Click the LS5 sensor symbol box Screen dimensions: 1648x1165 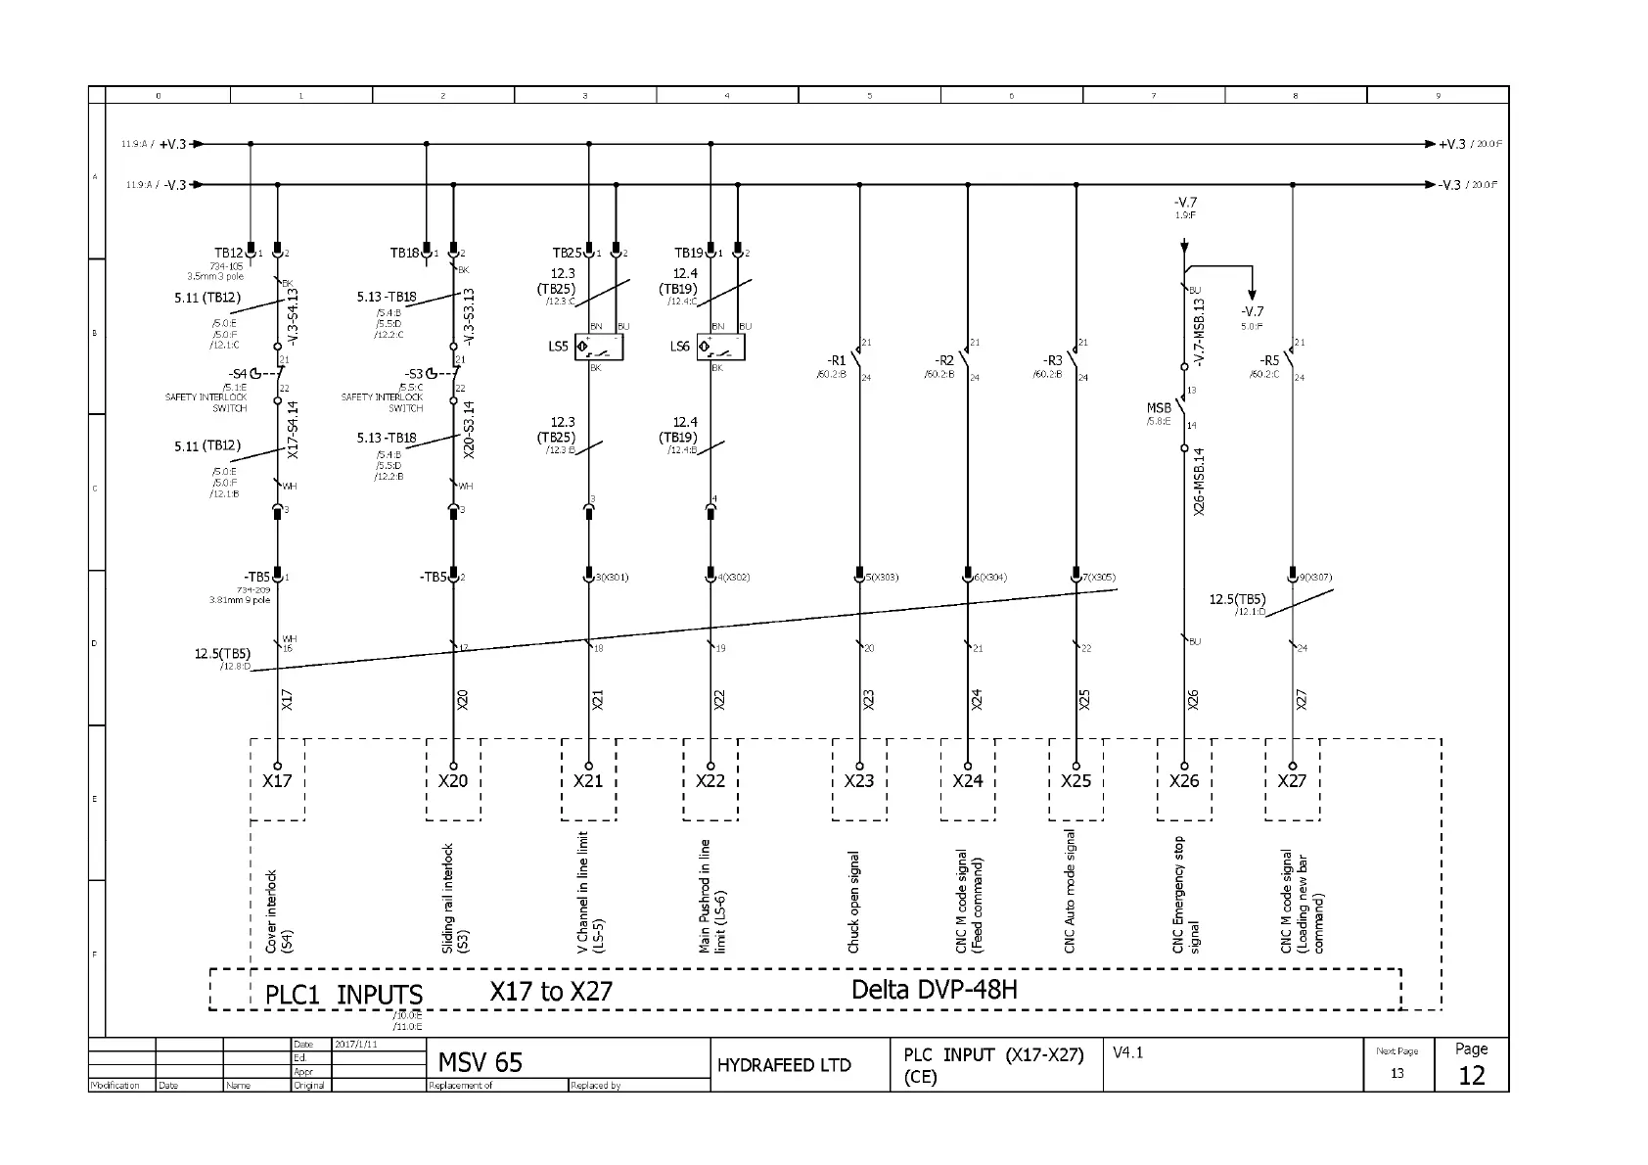pyautogui.click(x=599, y=347)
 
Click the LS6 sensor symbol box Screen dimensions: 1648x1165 pyautogui.click(x=720, y=347)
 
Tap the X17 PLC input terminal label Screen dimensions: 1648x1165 pyautogui.click(x=277, y=781)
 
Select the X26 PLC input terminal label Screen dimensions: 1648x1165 pyautogui.click(x=1184, y=781)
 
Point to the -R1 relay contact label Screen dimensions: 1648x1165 pyautogui.click(x=836, y=361)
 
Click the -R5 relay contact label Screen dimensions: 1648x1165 pyautogui.click(x=1268, y=361)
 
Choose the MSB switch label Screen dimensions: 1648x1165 pyautogui.click(x=1159, y=408)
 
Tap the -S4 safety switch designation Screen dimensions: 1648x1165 pyautogui.click(x=238, y=374)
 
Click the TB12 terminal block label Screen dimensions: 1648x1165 pyautogui.click(x=228, y=253)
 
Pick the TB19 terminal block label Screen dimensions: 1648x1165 pyautogui.click(x=688, y=253)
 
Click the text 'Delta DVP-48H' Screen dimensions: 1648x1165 pyautogui.click(x=934, y=990)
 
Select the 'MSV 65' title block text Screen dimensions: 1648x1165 pyautogui.click(x=480, y=1063)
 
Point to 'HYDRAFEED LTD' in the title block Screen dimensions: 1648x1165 pyautogui.click(x=784, y=1065)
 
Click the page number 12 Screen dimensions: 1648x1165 pyautogui.click(x=1471, y=1076)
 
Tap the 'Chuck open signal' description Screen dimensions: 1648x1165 pyautogui.click(x=853, y=902)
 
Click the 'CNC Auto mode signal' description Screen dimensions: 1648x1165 pyautogui.click(x=1070, y=891)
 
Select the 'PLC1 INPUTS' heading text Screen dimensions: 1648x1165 pyautogui.click(x=343, y=995)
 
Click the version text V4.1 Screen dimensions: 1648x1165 pyautogui.click(x=1127, y=1052)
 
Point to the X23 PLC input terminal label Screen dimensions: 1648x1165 pyautogui.click(x=859, y=781)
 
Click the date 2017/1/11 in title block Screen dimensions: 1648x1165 pyautogui.click(x=355, y=1045)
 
